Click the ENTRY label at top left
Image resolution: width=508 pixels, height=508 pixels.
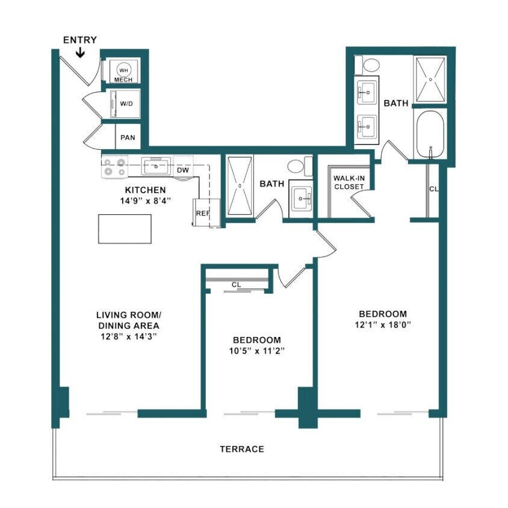(x=79, y=40)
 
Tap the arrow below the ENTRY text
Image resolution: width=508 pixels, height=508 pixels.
(x=80, y=54)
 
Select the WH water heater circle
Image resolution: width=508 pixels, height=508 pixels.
(x=124, y=70)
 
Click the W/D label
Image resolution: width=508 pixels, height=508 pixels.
(x=126, y=104)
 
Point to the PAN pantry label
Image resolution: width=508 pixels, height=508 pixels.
(x=128, y=137)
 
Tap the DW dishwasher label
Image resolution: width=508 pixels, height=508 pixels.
(x=183, y=170)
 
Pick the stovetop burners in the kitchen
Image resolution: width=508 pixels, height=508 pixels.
(x=114, y=167)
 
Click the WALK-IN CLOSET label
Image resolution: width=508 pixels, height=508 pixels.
(x=349, y=182)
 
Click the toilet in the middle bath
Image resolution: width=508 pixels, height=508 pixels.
(x=297, y=166)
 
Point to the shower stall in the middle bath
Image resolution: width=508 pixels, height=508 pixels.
(x=240, y=185)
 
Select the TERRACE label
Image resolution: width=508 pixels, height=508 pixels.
(x=241, y=449)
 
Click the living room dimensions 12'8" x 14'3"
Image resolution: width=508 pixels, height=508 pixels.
(x=129, y=336)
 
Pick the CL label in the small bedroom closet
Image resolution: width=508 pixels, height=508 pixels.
(x=237, y=285)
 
